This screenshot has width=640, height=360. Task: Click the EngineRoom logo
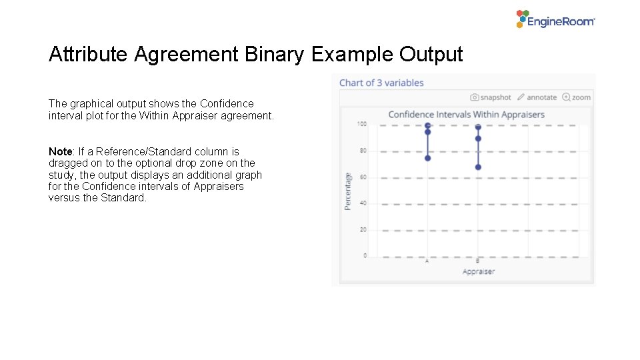pos(555,19)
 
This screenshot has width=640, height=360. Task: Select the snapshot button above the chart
pos(491,97)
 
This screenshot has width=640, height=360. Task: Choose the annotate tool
pos(537,97)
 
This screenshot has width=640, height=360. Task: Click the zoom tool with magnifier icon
pos(577,97)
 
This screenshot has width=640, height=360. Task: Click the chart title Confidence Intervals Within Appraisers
pos(466,115)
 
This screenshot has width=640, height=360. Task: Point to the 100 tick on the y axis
pos(362,124)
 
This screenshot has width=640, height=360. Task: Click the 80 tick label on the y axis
pos(363,151)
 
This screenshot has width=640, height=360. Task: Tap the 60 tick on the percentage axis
pos(363,177)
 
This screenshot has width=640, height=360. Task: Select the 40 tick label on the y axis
pos(363,203)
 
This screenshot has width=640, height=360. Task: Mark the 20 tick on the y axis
pos(363,230)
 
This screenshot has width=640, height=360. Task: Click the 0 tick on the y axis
pos(365,256)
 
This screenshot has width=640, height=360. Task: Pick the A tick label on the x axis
pos(427,261)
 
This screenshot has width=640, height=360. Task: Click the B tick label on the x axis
pos(478,261)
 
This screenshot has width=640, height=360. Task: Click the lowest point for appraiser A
pos(428,158)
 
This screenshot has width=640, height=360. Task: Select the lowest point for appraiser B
pos(478,167)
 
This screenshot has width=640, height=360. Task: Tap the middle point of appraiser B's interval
pos(478,139)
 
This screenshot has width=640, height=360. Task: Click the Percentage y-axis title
pos(348,191)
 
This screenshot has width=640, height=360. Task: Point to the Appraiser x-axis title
pos(478,272)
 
